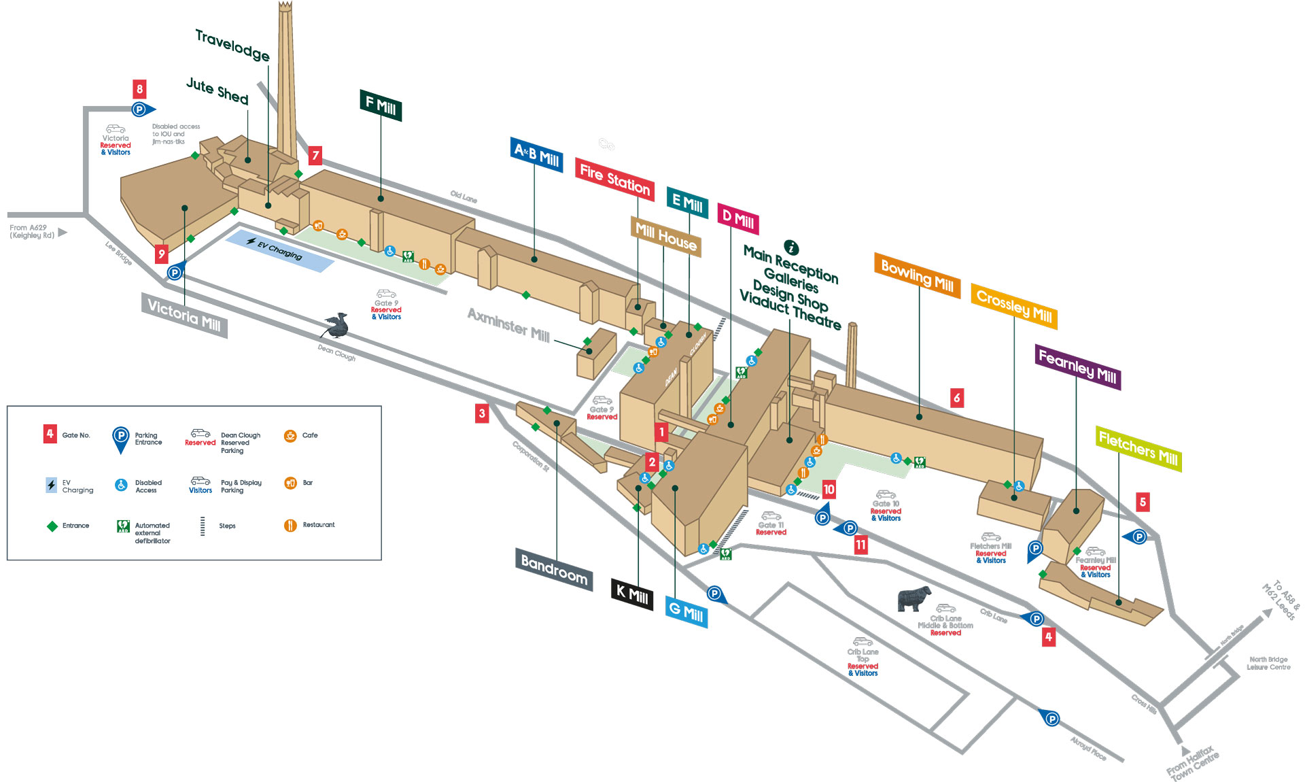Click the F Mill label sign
coord(381,105)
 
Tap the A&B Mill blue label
coord(536,155)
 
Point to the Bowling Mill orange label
coord(917,275)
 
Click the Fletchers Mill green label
coord(1138,449)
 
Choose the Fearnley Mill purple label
coord(1078,367)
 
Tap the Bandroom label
coord(554,569)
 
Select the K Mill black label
coord(631,595)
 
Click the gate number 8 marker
coord(139,89)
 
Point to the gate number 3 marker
coord(482,413)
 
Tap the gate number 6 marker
coord(956,398)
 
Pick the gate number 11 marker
coord(860,545)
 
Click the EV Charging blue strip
coord(279,250)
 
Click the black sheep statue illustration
coord(913,599)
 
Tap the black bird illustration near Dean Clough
coord(336,326)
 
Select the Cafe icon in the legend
coord(290,436)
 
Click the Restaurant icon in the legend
coord(290,525)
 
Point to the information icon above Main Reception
coord(790,247)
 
